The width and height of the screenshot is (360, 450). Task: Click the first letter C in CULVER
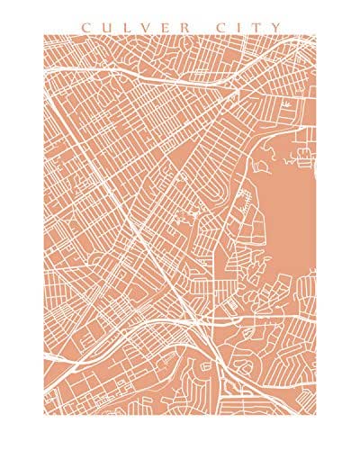85,27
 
